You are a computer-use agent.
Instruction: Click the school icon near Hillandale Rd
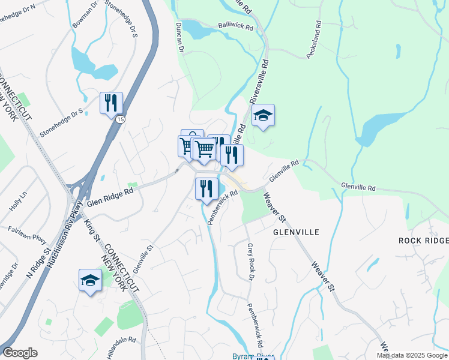[91, 280]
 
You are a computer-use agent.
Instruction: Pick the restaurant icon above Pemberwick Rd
[206, 188]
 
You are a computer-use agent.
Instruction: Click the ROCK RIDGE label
[423, 241]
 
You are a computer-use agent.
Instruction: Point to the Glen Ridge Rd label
[110, 198]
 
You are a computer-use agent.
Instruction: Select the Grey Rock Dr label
[250, 262]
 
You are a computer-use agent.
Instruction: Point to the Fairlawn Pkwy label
[28, 236]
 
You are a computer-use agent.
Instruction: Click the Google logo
[20, 353]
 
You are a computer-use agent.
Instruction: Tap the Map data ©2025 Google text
[412, 355]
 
